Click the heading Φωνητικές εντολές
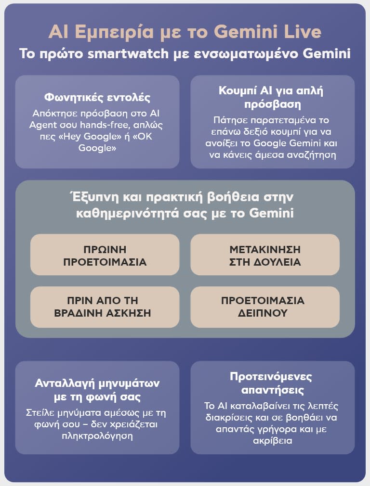tap(97, 97)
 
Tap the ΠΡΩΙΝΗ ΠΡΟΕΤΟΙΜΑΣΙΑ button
tap(105, 255)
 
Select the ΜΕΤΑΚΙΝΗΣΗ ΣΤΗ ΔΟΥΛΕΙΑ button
tap(264, 255)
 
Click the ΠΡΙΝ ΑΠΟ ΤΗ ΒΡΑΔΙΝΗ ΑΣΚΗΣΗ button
tap(105, 307)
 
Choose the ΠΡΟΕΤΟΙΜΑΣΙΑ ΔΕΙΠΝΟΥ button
tap(264, 307)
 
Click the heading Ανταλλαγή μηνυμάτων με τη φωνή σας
tap(97, 390)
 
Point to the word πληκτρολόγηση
tap(97, 436)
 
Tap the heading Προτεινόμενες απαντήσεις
tap(270, 383)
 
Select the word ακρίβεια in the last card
tap(273, 440)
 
